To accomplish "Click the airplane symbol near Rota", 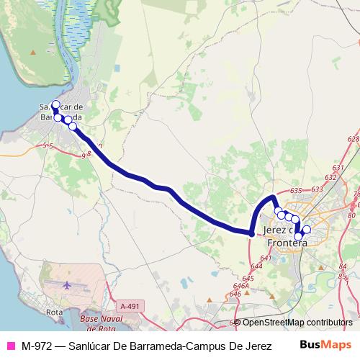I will coord(68,285).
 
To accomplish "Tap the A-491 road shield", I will coord(130,306).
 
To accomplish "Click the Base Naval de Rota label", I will coord(107,318).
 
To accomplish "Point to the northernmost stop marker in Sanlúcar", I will coord(55,104).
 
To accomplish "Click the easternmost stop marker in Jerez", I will coord(306,230).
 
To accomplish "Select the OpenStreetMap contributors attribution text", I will coord(297,323).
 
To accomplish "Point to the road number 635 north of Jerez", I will coord(295,191).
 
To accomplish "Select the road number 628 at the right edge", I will coord(352,139).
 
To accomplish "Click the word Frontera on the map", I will coord(286,243).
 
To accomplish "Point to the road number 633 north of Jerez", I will coord(316,189).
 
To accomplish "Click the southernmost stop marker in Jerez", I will coord(299,236).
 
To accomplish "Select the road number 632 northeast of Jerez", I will coord(331,176).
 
